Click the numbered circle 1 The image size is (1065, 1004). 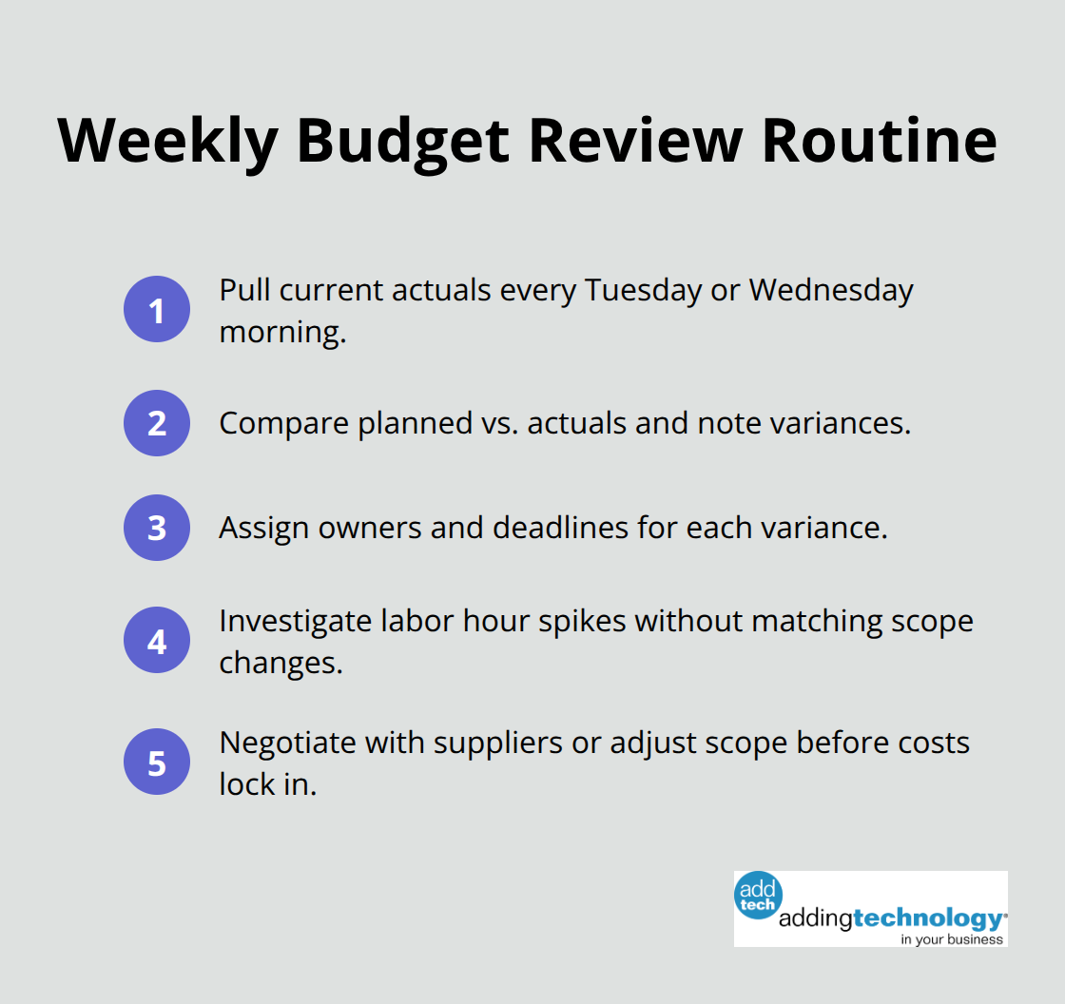pyautogui.click(x=157, y=309)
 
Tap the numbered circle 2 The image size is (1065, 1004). pyautogui.click(x=157, y=423)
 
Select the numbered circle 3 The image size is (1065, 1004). pyautogui.click(x=157, y=528)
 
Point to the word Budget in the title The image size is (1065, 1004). pyautogui.click(x=403, y=141)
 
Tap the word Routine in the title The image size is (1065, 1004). pyautogui.click(x=880, y=141)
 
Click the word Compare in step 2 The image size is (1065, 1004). pyautogui.click(x=284, y=423)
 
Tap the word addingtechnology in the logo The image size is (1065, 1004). pyautogui.click(x=891, y=919)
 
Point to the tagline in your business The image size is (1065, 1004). pyautogui.click(x=952, y=938)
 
